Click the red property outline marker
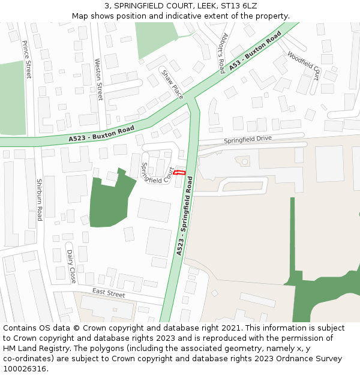180,173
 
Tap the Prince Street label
27,59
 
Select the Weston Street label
99,79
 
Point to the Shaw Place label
172,83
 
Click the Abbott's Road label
221,52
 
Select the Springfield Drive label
248,140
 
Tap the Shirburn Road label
40,200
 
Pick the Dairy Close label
71,267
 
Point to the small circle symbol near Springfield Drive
244,161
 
